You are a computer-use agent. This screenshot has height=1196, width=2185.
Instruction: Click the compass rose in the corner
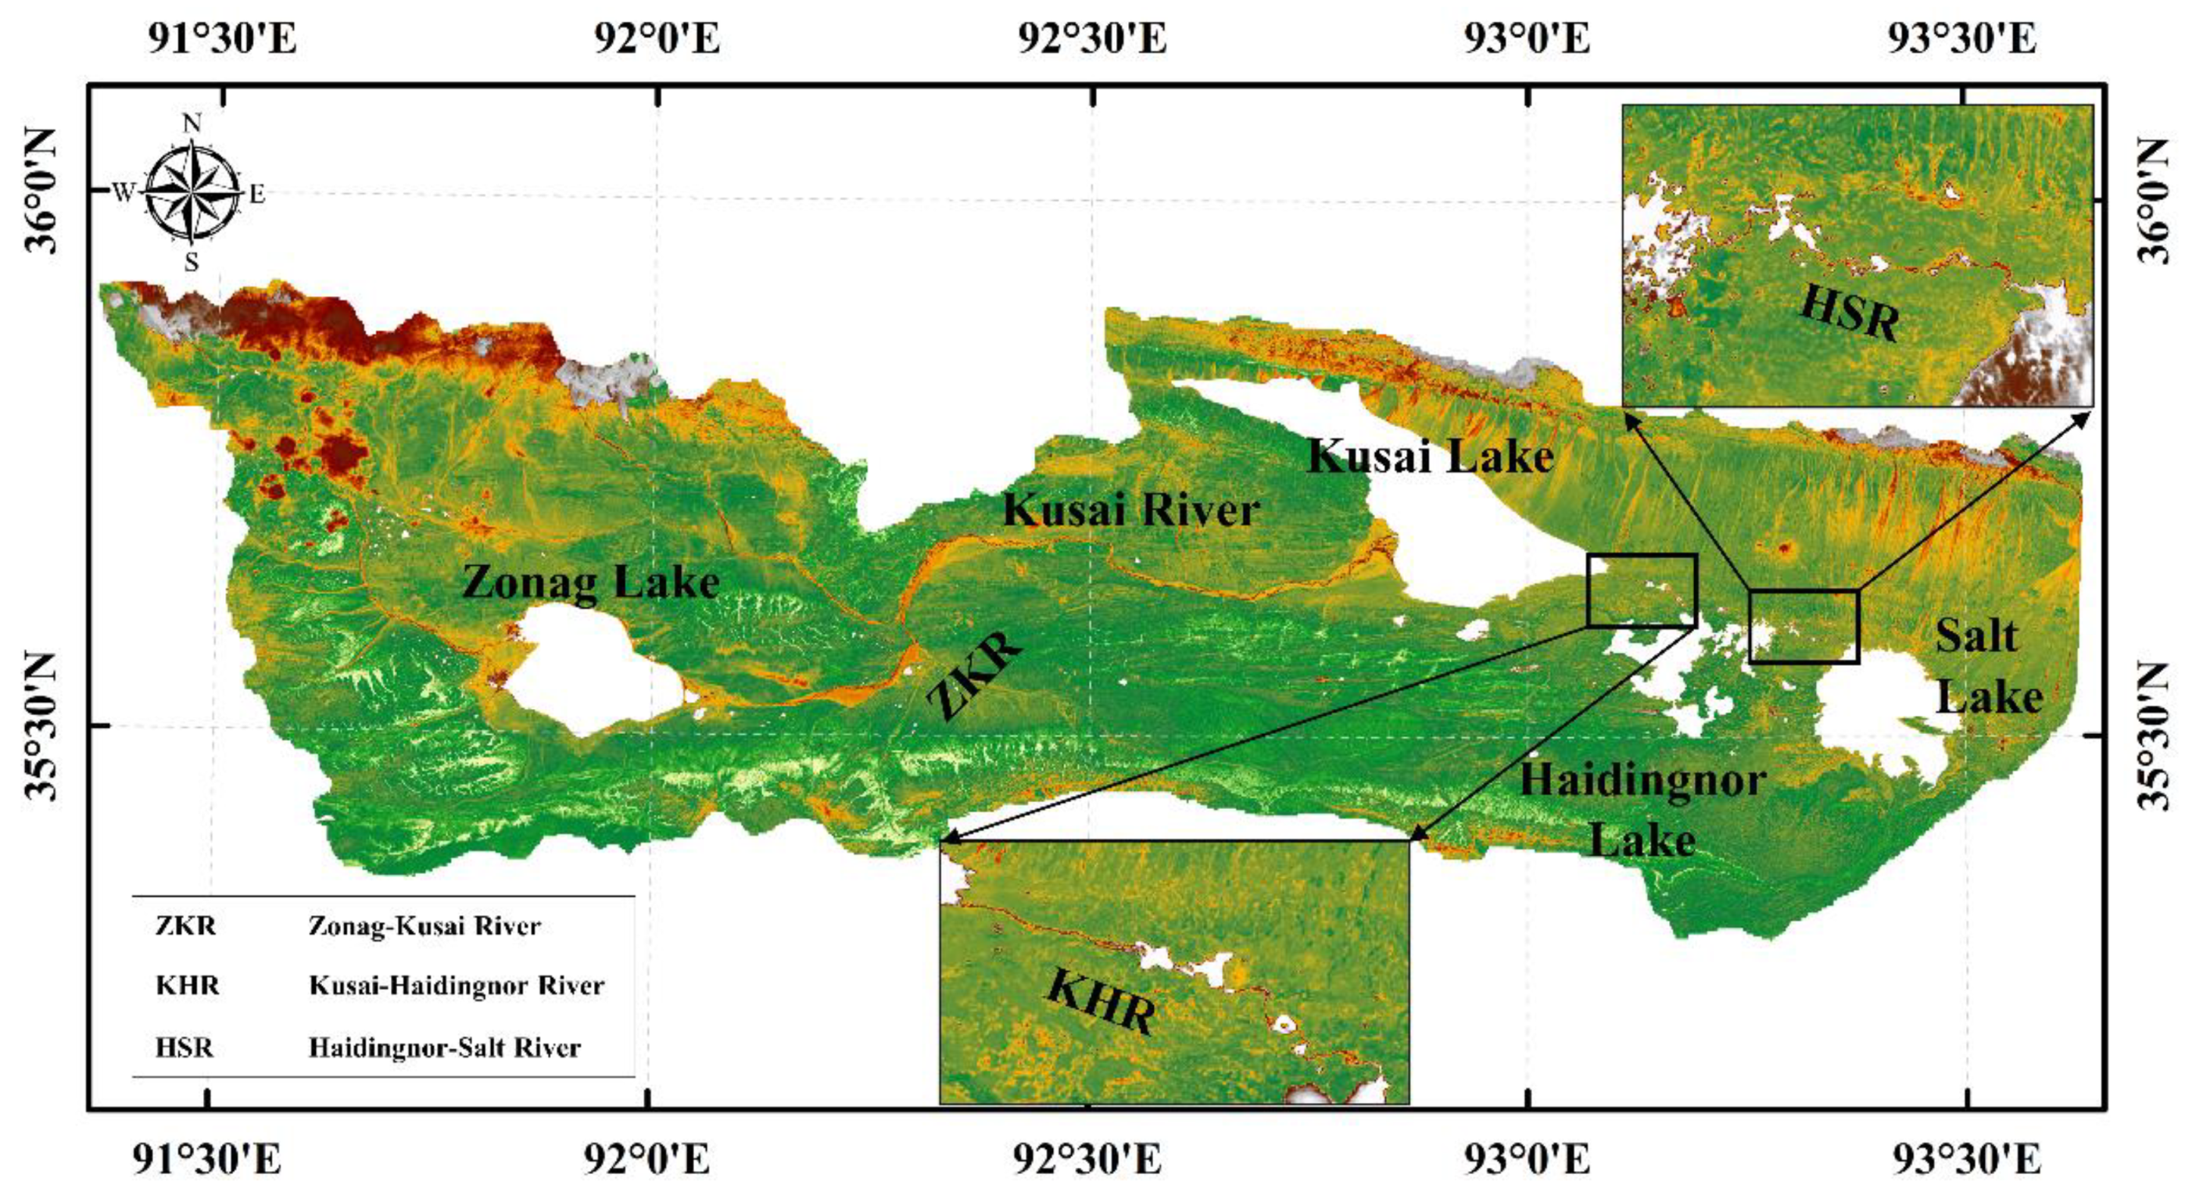[192, 193]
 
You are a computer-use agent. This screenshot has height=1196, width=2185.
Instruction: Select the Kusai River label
[1131, 510]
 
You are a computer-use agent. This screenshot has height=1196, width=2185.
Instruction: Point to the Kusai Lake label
[1430, 457]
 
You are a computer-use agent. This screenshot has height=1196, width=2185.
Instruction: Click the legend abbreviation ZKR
[186, 925]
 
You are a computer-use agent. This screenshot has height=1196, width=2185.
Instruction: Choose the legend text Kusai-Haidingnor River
[457, 986]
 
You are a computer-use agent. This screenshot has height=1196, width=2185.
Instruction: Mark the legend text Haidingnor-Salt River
[445, 1047]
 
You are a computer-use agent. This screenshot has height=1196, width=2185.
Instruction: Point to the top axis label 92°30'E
[1093, 38]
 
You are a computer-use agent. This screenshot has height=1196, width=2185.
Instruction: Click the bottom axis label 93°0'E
[1528, 1160]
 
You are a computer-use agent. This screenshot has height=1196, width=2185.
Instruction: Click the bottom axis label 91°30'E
[208, 1160]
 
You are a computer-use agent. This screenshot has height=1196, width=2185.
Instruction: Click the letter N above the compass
[192, 124]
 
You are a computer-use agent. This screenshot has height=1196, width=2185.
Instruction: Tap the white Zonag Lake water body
[594, 675]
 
